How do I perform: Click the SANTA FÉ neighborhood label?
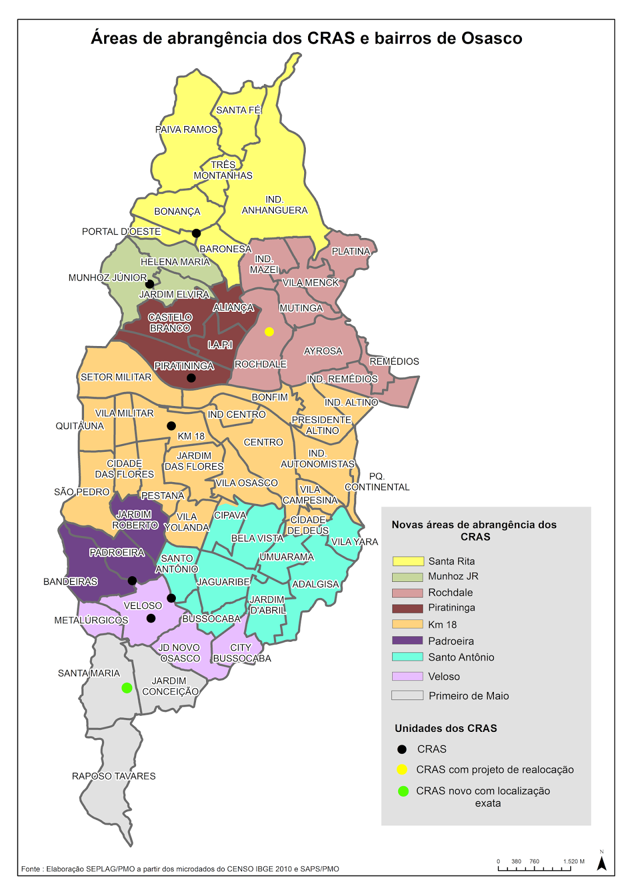pos(239,110)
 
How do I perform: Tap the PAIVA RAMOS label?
pos(186,129)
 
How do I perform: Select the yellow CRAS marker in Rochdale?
pos(269,332)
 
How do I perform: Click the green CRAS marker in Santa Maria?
pos(127,688)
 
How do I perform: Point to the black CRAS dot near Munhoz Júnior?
pos(150,284)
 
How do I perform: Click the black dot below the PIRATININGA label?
pos(191,378)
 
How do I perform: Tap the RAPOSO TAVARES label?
pos(114,776)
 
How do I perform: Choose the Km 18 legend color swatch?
pos(407,624)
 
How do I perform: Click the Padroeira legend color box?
pos(407,641)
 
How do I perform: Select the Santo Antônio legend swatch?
pos(407,657)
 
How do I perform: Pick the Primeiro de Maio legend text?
pos(469,696)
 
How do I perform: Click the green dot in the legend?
pos(403,791)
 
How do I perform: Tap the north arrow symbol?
pos(602,863)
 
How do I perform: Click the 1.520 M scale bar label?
pos(574,861)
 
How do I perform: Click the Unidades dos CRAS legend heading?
pos(446,729)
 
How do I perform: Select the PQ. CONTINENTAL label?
pos(377,482)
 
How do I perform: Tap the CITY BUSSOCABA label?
pos(242,653)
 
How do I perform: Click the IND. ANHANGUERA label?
pos(274,205)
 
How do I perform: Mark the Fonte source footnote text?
pos(180,869)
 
